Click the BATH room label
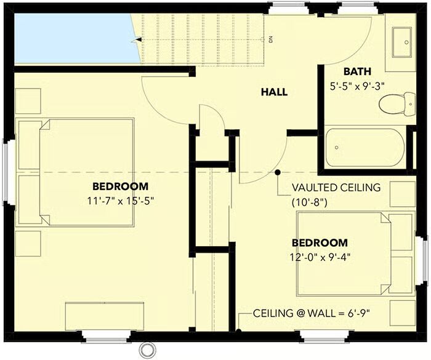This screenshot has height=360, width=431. point(357,71)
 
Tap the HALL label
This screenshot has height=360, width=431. point(274,92)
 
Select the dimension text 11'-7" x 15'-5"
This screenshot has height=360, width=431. point(120,201)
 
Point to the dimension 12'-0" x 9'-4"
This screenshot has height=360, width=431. point(320,257)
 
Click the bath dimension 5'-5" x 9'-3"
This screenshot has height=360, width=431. point(357,87)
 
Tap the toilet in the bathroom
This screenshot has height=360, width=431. point(397,103)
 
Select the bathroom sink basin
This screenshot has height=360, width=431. point(401,42)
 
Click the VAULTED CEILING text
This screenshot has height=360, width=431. point(336,188)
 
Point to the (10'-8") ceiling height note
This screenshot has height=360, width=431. point(309,203)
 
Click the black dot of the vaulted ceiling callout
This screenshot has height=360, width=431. point(278,172)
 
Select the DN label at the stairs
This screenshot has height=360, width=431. point(271,39)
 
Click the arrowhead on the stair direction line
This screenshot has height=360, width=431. point(139,40)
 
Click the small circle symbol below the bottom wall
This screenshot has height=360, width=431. point(145,350)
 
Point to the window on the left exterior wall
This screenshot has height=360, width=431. point(5,172)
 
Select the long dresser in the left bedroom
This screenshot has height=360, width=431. point(105,316)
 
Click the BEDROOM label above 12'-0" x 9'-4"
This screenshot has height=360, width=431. point(320,243)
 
